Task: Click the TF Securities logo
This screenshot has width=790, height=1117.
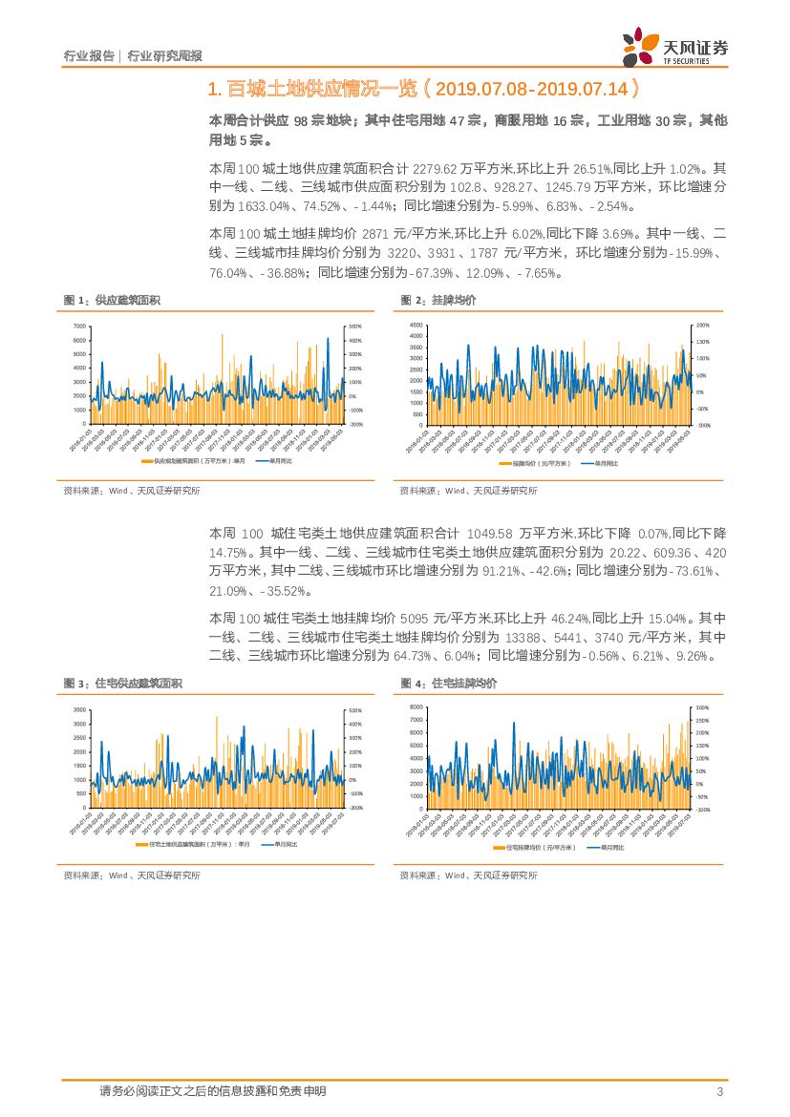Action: point(674,46)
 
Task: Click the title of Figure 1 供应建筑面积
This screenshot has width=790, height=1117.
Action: point(112,301)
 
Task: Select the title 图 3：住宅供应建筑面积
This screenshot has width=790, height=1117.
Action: point(122,684)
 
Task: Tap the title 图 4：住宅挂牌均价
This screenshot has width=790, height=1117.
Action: point(449,684)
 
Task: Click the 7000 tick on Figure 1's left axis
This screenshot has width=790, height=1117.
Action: point(79,327)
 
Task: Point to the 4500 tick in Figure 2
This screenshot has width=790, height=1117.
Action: point(416,326)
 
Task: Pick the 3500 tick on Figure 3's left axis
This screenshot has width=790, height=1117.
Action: point(79,710)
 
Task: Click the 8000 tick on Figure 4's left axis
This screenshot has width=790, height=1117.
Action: point(416,706)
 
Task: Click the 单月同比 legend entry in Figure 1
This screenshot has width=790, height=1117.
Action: point(276,461)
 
